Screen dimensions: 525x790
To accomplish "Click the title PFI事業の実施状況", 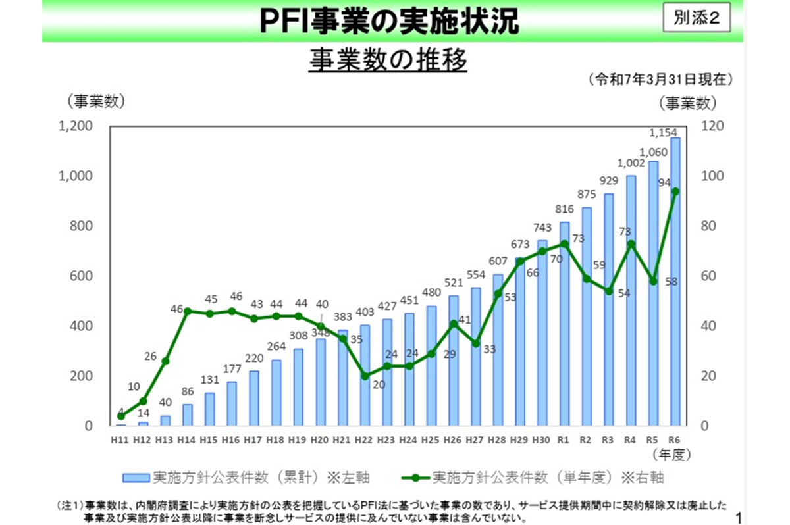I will [x=389, y=21].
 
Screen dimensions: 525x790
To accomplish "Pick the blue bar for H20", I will [x=321, y=382].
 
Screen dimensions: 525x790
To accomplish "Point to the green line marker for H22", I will [x=365, y=376].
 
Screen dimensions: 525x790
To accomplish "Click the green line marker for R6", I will [x=675, y=191].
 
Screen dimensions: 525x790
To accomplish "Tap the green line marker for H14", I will [x=187, y=311].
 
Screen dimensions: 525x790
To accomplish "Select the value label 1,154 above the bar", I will [x=664, y=133].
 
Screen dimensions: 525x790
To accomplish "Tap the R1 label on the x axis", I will [x=564, y=439].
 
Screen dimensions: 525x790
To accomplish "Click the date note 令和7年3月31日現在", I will [x=661, y=80].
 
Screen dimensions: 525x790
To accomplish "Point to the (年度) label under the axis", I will [x=670, y=454].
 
